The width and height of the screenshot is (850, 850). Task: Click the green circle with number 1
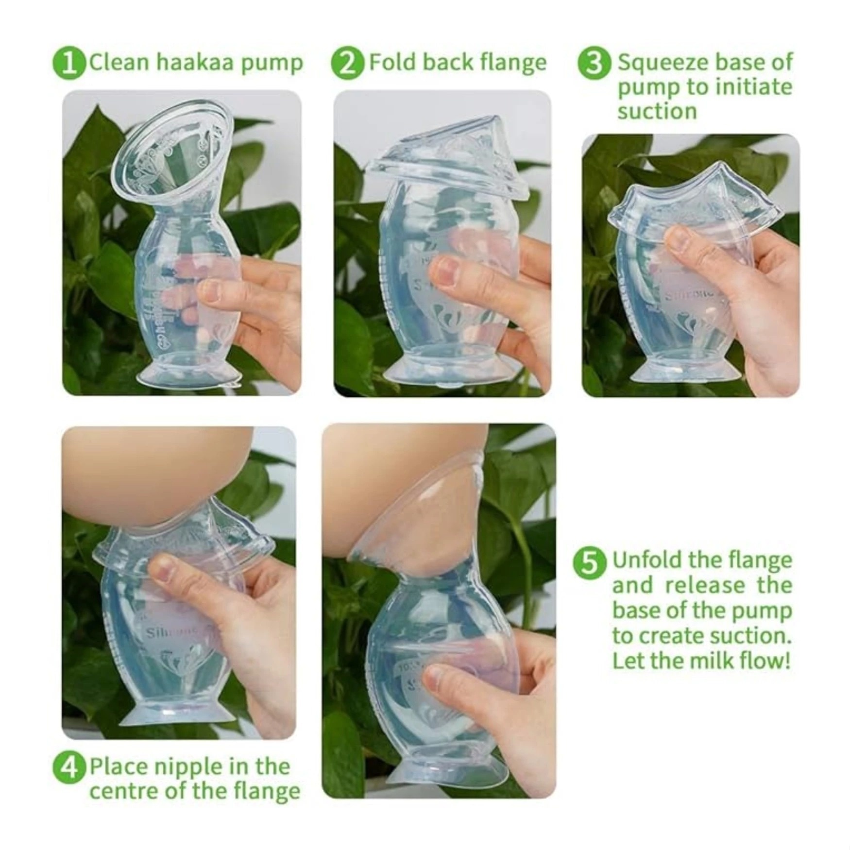[x=69, y=63]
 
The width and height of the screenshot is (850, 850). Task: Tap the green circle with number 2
[x=347, y=63]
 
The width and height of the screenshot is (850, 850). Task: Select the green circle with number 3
[x=594, y=64]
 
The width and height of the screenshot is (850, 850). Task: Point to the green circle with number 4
[x=69, y=767]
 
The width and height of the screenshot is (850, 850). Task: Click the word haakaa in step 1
[x=195, y=63]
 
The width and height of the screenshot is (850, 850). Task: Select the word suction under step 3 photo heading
[x=657, y=112]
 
